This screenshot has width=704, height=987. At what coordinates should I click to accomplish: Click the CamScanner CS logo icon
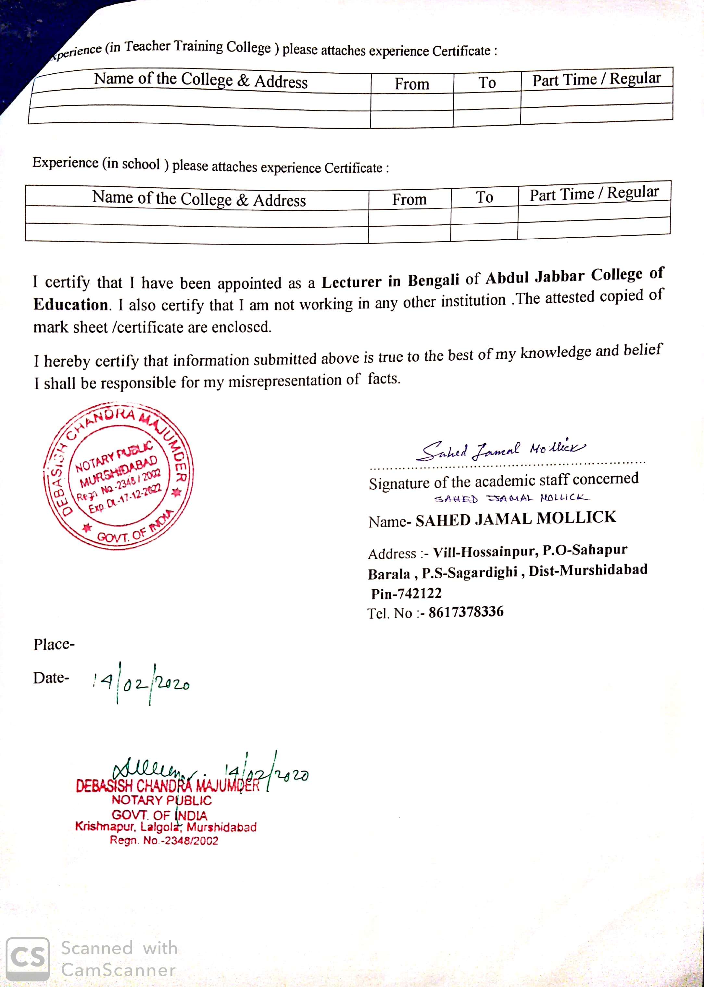tap(28, 959)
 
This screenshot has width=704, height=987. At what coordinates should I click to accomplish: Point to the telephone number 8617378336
tap(466, 612)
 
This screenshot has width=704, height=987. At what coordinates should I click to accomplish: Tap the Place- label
tap(54, 644)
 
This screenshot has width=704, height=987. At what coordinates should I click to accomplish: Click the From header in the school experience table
tap(409, 199)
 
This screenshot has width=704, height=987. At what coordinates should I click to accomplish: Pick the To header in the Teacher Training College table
tap(487, 82)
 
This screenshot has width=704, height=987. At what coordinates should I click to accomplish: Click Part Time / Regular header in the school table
tap(594, 193)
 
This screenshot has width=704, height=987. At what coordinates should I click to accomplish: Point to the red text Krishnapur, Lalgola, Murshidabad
tap(166, 827)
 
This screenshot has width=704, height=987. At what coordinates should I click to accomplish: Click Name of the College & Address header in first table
tap(201, 80)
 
